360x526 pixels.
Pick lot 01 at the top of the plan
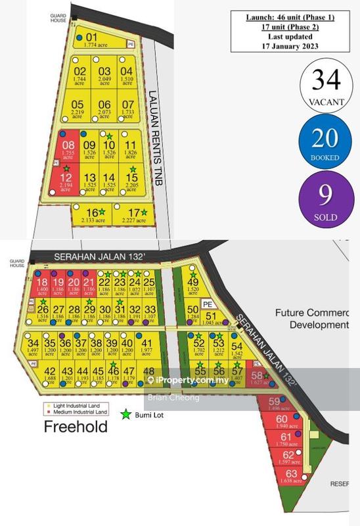pos(92,40)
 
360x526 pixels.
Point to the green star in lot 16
pos(102,212)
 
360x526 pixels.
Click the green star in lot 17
pos(143,212)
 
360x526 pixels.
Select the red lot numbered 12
pos(66,180)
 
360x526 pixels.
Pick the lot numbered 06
pos(104,108)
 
